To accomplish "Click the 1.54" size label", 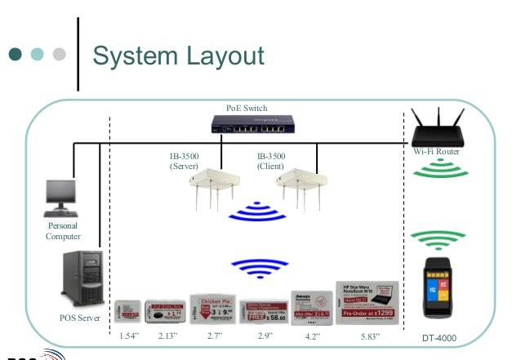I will [126, 336].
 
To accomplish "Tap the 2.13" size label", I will [167, 336].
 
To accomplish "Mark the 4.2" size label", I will [313, 336].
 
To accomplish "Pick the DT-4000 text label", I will [439, 337].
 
